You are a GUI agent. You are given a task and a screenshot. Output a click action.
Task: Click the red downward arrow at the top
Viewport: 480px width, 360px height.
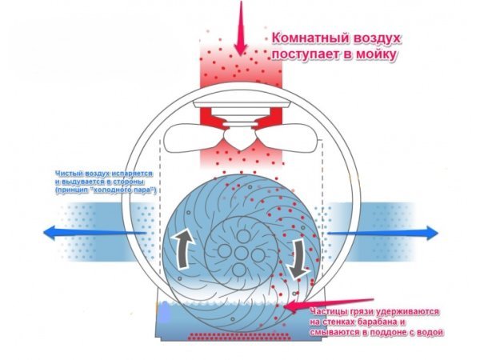(x=241, y=29)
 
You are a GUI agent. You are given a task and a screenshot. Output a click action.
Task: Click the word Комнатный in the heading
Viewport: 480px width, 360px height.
(x=310, y=39)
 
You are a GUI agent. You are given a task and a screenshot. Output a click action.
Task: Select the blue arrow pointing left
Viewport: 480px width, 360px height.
(x=94, y=233)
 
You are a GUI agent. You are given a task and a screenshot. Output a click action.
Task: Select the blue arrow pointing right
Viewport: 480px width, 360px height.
(x=382, y=233)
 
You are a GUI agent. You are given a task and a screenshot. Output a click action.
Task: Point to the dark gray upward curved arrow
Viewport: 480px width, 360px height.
(x=183, y=250)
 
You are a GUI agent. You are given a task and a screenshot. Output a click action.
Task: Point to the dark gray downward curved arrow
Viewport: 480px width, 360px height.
(x=298, y=259)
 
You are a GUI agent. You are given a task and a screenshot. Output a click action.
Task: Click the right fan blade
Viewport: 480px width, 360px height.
(x=288, y=138)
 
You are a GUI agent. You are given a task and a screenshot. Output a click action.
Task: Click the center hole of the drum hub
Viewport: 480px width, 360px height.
(x=241, y=253)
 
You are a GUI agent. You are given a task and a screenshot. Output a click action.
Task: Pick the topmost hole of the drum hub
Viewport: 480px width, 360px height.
(x=243, y=236)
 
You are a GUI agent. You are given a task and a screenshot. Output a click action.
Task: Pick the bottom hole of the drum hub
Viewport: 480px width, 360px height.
(x=239, y=270)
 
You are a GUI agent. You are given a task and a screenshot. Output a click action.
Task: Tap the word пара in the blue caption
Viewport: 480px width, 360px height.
(x=144, y=190)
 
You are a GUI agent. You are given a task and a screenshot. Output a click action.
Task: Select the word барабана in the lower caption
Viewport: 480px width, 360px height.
(x=373, y=322)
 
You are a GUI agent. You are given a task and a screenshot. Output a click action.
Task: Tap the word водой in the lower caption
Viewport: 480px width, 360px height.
(x=430, y=333)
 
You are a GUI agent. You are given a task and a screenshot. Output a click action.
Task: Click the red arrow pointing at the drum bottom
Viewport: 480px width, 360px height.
(x=329, y=304)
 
